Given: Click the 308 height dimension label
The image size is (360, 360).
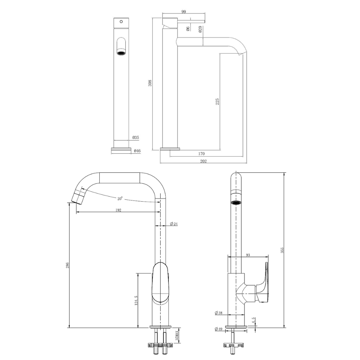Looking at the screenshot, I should tap(150, 83).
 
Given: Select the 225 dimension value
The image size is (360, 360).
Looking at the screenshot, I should tap(217, 101).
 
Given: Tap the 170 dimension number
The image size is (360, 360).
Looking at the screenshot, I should tap(202, 154).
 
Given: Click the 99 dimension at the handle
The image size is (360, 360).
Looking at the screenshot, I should tap(184, 12).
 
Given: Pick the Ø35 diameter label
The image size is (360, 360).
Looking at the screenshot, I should tap(136, 138).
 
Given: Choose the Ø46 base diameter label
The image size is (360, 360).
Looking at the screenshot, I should tap(137, 151).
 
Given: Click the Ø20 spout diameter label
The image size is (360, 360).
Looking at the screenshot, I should tap(200, 30).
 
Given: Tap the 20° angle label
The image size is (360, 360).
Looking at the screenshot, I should tap(120, 198).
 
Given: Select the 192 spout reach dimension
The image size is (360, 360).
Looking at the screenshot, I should tap(118, 210).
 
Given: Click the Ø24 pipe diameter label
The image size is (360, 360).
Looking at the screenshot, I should tap(174, 224).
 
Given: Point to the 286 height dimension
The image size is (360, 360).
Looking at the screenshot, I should tap(67, 265).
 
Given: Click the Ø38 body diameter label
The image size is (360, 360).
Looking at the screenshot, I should tap(219, 313).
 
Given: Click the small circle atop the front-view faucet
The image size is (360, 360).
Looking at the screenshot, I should tap(121, 22).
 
